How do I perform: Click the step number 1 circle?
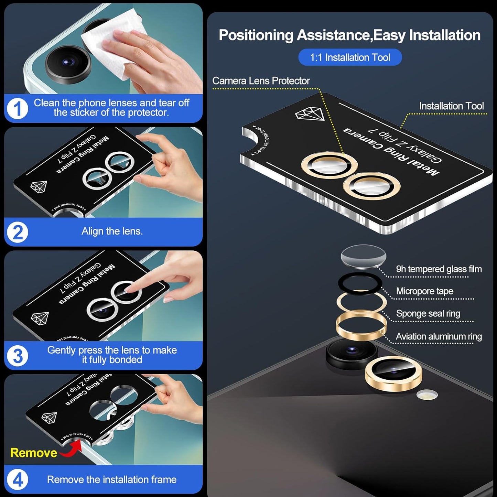(x=17, y=109)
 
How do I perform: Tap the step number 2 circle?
(x=17, y=232)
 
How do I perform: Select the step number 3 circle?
(x=17, y=356)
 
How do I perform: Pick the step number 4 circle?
(x=17, y=479)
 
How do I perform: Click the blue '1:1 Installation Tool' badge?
(x=350, y=57)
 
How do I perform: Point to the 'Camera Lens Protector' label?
(x=261, y=81)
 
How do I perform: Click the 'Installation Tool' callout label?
(x=451, y=106)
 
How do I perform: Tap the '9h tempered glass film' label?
(x=439, y=269)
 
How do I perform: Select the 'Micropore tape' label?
(x=424, y=291)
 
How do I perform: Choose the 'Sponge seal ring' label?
(x=428, y=314)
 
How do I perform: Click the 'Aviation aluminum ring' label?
(x=439, y=336)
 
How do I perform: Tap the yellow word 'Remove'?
(x=33, y=453)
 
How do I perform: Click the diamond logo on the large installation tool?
(x=310, y=114)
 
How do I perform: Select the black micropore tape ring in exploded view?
(x=360, y=283)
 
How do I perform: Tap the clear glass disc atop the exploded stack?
(x=363, y=256)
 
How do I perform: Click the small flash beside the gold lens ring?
(x=427, y=395)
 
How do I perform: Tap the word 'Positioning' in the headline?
(x=256, y=35)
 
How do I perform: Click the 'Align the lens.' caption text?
(x=112, y=231)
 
